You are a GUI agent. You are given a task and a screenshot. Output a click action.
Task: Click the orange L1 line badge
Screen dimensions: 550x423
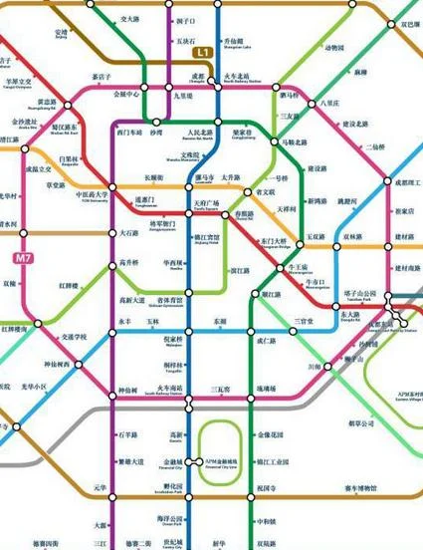point(202,50)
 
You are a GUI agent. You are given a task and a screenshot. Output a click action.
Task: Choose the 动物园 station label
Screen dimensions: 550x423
point(335,47)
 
